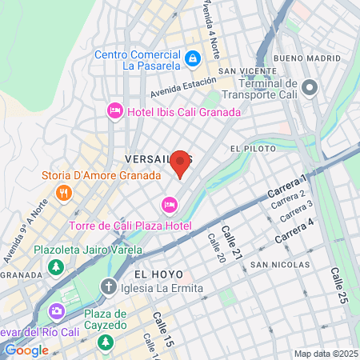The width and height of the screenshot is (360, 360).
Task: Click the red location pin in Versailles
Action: tap(180, 162)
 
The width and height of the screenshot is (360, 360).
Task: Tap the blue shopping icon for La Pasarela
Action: tap(192, 58)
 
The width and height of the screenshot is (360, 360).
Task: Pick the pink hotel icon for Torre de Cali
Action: tap(169, 206)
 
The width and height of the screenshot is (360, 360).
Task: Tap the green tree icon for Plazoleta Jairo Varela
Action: tap(56, 266)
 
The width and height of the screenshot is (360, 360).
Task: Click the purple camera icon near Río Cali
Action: tap(56, 311)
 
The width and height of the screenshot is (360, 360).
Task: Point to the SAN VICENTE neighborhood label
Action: tap(248, 70)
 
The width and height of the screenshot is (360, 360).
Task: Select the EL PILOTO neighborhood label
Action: tap(246, 149)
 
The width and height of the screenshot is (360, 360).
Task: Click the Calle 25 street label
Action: tap(338, 284)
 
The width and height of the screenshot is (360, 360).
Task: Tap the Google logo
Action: tap(26, 350)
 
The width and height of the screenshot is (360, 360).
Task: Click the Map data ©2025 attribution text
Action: tap(325, 354)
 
